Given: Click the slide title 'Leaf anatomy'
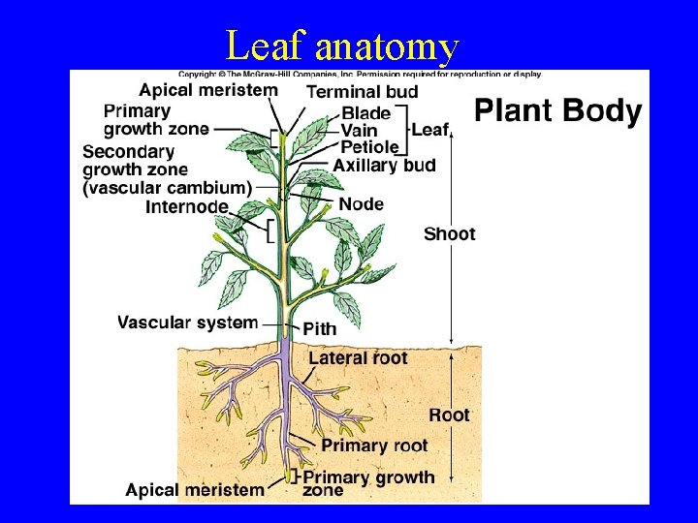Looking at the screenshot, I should click(x=340, y=46).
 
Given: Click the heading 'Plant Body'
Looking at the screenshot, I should click(x=557, y=111).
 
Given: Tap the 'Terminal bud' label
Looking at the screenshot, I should click(x=363, y=92).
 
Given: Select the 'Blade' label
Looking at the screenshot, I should click(x=365, y=114).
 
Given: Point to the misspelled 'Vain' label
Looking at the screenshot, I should click(x=359, y=131).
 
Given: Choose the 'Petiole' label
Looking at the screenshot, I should click(x=369, y=147).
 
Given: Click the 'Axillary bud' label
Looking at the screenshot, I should click(x=384, y=166).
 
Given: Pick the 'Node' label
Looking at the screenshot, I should click(x=362, y=204).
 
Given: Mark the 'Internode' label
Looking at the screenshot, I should click(x=187, y=206).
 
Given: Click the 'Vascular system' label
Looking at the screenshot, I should click(x=187, y=323).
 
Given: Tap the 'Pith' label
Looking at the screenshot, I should click(x=320, y=329).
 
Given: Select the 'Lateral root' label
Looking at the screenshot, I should click(x=358, y=358).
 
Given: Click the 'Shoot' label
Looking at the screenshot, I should click(x=449, y=233).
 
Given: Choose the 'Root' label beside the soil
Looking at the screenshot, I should click(x=449, y=415).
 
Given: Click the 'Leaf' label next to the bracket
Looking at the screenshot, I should click(x=430, y=129).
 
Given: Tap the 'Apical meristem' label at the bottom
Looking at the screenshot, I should click(x=194, y=489).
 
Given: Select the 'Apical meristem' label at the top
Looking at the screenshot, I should click(x=207, y=90).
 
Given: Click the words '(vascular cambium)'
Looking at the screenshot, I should click(x=168, y=188).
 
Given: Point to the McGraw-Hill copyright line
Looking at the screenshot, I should click(x=359, y=74).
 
